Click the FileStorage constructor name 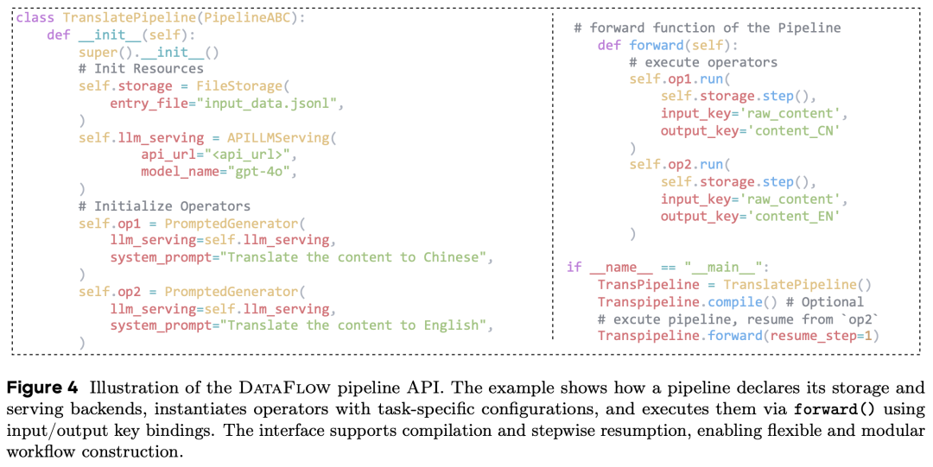238,86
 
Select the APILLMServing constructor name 278,137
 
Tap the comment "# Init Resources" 140,69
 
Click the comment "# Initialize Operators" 164,206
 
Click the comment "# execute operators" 702,62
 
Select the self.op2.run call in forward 679,165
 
